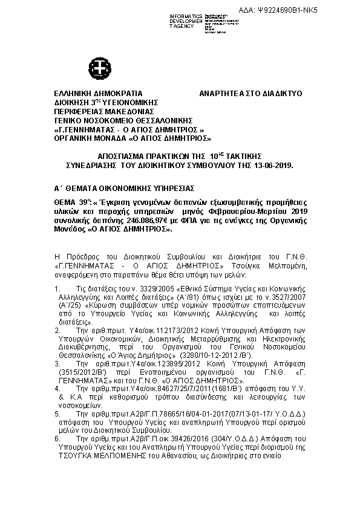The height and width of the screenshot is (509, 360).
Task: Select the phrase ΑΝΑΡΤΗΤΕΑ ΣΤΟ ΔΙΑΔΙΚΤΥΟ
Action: (x=250, y=94)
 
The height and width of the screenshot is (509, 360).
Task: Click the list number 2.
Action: (x=57, y=332)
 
